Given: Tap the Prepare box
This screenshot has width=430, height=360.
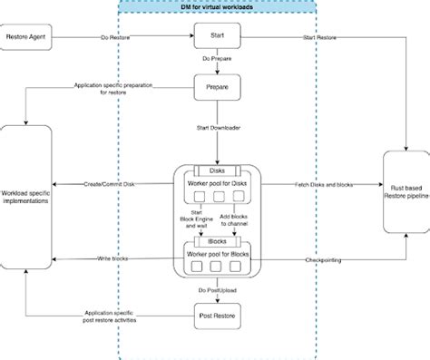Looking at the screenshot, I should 216,87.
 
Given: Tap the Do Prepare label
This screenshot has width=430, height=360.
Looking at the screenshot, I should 216,62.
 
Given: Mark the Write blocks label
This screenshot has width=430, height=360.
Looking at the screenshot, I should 112,259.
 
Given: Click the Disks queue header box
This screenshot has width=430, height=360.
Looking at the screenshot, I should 216,170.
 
